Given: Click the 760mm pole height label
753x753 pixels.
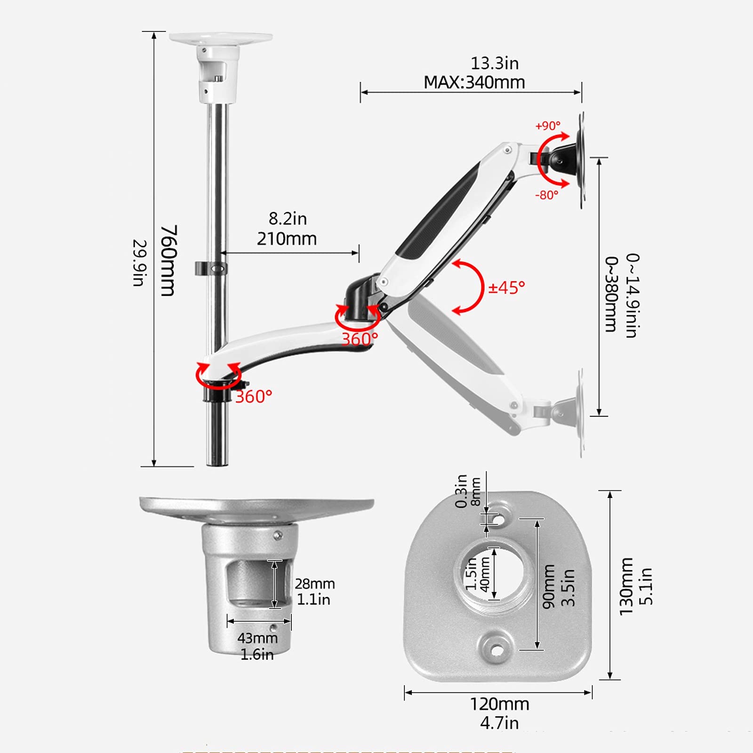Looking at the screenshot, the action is (168, 260).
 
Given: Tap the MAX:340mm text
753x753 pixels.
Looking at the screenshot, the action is (474, 82).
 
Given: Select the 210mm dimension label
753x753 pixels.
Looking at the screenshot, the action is (287, 239).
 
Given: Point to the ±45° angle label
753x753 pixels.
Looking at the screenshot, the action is (506, 287).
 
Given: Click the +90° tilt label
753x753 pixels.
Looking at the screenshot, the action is (548, 126).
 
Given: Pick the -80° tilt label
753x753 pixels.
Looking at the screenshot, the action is (547, 195).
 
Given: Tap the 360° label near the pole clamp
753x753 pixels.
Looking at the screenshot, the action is (254, 397).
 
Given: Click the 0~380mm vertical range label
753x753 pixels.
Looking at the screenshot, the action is (611, 294).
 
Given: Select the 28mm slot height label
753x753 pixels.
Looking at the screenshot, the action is (315, 584).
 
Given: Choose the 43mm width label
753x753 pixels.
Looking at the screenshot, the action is (257, 638).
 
